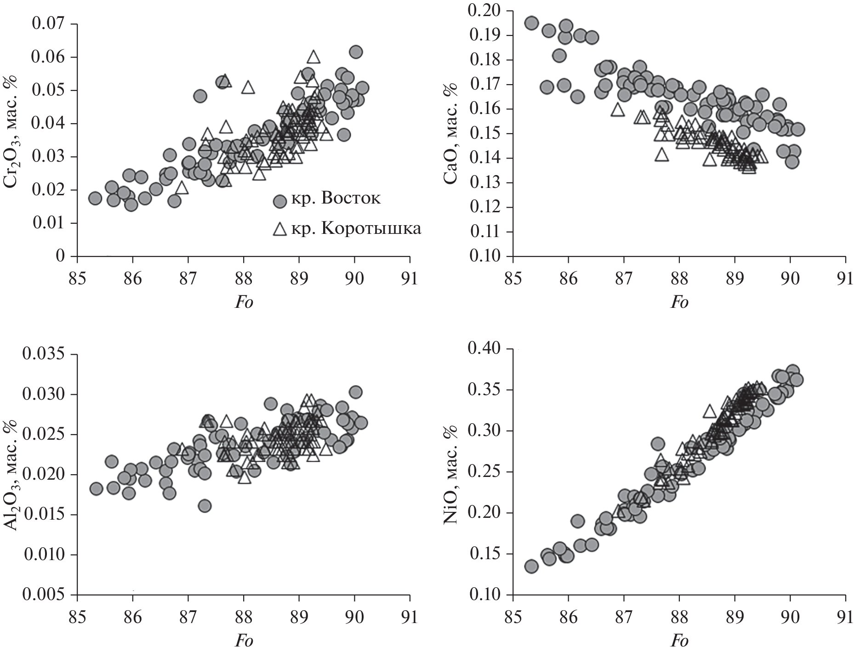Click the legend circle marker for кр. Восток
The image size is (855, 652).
[x=280, y=201]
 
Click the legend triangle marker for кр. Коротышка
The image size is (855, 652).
[x=279, y=229]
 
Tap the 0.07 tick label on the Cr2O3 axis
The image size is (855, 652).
[x=49, y=23]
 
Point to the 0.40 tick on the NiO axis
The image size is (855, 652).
[x=485, y=349]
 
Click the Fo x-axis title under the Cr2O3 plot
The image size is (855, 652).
[x=244, y=302]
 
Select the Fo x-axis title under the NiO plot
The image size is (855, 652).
[x=679, y=641]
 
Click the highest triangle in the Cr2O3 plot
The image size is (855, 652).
[x=313, y=57]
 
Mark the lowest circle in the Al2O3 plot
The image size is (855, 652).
[x=205, y=506]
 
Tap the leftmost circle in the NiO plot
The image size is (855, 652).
[x=531, y=566]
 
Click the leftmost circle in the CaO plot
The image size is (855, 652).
[x=531, y=23]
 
